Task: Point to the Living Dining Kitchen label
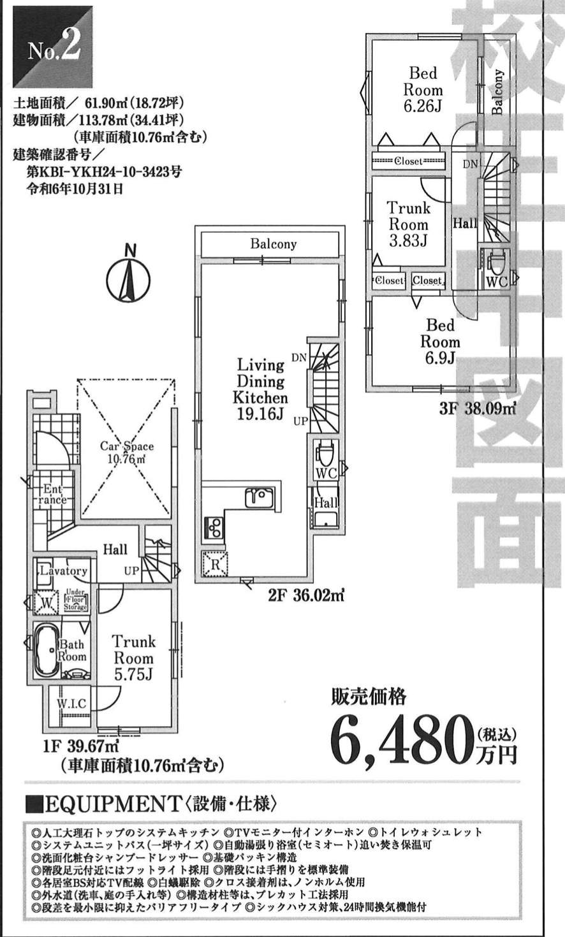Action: (262, 389)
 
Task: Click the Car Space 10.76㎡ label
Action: (126, 452)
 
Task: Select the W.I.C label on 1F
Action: (71, 704)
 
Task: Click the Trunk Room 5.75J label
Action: (134, 658)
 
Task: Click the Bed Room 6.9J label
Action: (440, 342)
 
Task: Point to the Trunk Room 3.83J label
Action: (409, 224)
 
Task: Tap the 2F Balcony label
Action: (273, 244)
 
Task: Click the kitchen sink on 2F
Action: (260, 497)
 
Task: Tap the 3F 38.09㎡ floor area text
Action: (477, 409)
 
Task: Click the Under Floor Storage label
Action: (75, 601)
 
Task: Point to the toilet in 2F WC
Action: (323, 456)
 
